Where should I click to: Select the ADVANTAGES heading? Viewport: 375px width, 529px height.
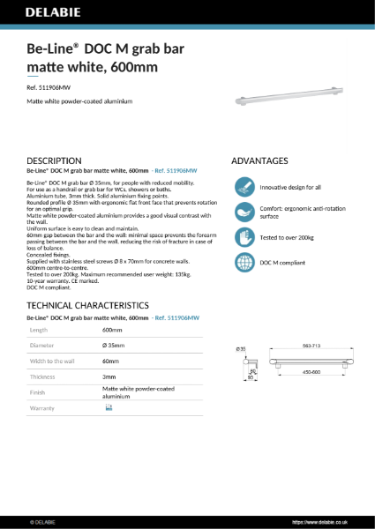(259, 161)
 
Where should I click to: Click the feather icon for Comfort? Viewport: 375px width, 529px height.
(244, 212)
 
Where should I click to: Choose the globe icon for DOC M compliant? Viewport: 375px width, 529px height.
(244, 263)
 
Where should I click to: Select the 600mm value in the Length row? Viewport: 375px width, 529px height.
(113, 329)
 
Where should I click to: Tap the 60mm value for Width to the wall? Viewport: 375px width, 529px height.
(111, 361)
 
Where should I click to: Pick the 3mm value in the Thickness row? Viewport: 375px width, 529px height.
(110, 377)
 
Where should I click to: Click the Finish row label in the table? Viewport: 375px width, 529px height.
(39, 393)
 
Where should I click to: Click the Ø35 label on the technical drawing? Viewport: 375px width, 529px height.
(241, 350)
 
